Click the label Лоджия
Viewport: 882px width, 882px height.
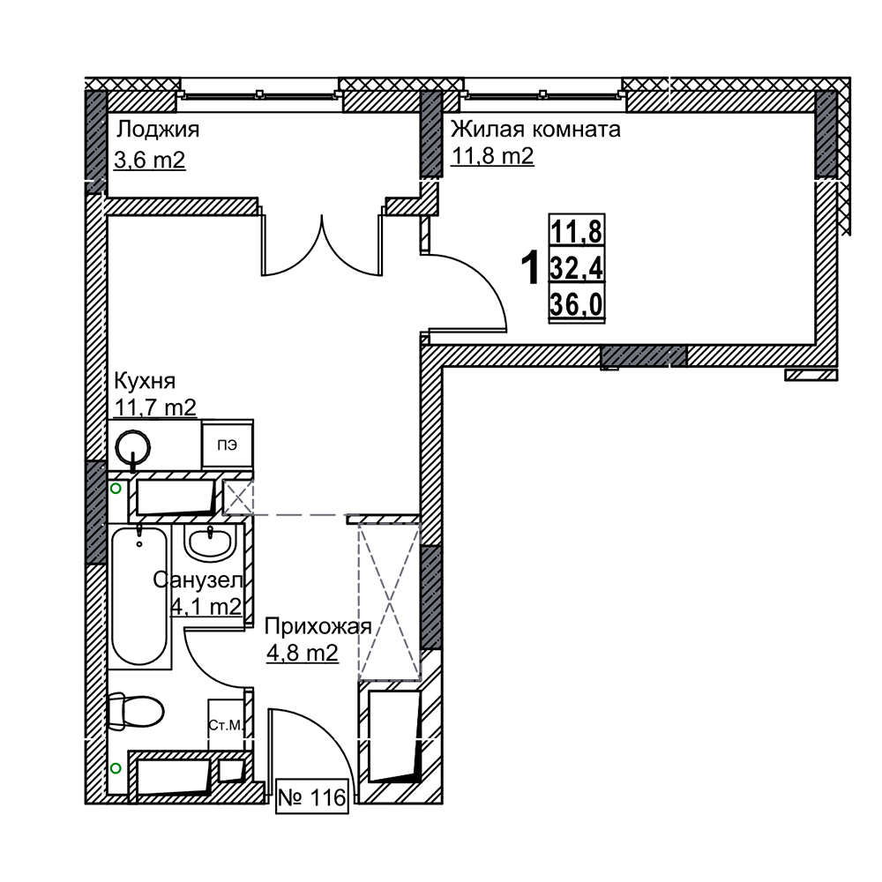pos(158,131)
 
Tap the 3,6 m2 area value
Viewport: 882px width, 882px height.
pos(150,161)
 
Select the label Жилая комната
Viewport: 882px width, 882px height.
pos(535,130)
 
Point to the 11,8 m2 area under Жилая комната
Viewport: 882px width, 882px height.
pos(492,156)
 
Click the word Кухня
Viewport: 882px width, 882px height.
pos(146,381)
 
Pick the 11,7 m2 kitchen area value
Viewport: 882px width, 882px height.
pos(155,407)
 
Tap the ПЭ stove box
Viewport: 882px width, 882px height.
pos(228,445)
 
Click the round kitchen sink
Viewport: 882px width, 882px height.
pos(133,448)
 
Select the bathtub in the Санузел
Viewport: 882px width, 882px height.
pos(139,595)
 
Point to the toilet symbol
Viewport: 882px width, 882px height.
pos(135,712)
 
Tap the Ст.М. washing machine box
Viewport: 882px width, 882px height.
pos(226,725)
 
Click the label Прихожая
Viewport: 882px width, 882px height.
pos(318,626)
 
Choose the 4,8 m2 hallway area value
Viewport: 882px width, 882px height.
pos(303,653)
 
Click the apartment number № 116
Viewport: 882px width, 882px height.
pos(312,797)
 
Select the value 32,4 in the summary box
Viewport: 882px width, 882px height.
pos(577,268)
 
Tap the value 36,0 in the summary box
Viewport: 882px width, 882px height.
pos(577,305)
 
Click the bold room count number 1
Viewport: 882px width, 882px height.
pos(530,268)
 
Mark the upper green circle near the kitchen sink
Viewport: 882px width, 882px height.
pos(116,489)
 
